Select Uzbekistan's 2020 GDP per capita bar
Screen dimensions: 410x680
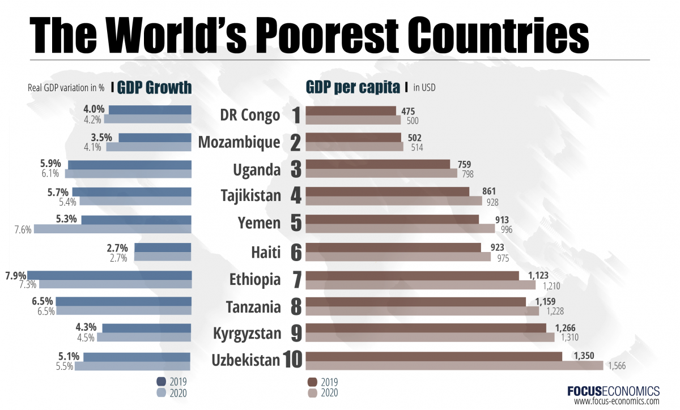pyautogui.click(x=454, y=366)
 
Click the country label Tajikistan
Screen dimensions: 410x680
pyautogui.click(x=250, y=196)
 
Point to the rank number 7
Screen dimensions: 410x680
pyautogui.click(x=296, y=280)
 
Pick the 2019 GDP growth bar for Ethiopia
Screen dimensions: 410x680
pyautogui.click(x=109, y=275)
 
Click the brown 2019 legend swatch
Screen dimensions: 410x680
pyautogui.click(x=312, y=381)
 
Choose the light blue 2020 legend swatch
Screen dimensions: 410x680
pyautogui.click(x=160, y=392)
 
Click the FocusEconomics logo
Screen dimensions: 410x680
pyautogui.click(x=613, y=391)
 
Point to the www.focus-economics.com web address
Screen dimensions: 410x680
pyautogui.click(x=617, y=402)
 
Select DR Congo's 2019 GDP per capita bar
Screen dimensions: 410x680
pyautogui.click(x=351, y=110)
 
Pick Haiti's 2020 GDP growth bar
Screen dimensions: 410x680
pyautogui.click(x=163, y=257)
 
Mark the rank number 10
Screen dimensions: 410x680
pyautogui.click(x=293, y=360)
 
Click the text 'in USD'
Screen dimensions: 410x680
pyautogui.click(x=424, y=88)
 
